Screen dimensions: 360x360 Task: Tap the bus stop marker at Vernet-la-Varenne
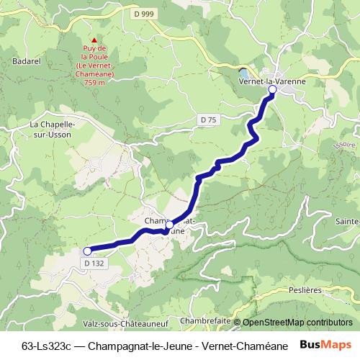click(272, 91)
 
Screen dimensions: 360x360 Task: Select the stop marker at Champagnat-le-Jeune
click(169, 225)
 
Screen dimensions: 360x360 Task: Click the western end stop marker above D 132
click(88, 251)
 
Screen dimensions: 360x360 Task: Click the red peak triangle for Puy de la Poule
click(94, 40)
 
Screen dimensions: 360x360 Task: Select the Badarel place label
click(27, 62)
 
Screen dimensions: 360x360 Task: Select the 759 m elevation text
click(94, 83)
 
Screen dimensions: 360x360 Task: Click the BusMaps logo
click(326, 345)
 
